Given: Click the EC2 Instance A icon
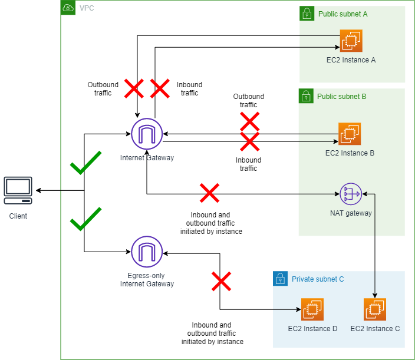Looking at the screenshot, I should point(351,41).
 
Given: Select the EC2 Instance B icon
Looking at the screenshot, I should point(350,134).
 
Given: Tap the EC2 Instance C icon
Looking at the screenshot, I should point(375,309).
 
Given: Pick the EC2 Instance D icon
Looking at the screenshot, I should point(312,309).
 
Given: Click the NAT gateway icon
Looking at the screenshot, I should point(351,193).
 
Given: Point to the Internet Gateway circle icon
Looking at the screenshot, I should point(147,134).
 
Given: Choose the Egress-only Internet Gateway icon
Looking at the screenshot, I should point(147,252).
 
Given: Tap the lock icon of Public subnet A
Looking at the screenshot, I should point(306,13).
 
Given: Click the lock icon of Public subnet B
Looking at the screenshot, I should point(306,95).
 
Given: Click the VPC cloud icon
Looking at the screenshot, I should point(68,8).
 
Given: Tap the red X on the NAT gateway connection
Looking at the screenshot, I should point(209,193).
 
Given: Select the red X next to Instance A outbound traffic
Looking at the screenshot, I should point(134,88).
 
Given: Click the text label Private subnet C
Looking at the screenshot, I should point(318,279).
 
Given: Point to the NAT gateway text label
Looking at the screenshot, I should point(351,213).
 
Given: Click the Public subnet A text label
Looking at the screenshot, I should point(343,14).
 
